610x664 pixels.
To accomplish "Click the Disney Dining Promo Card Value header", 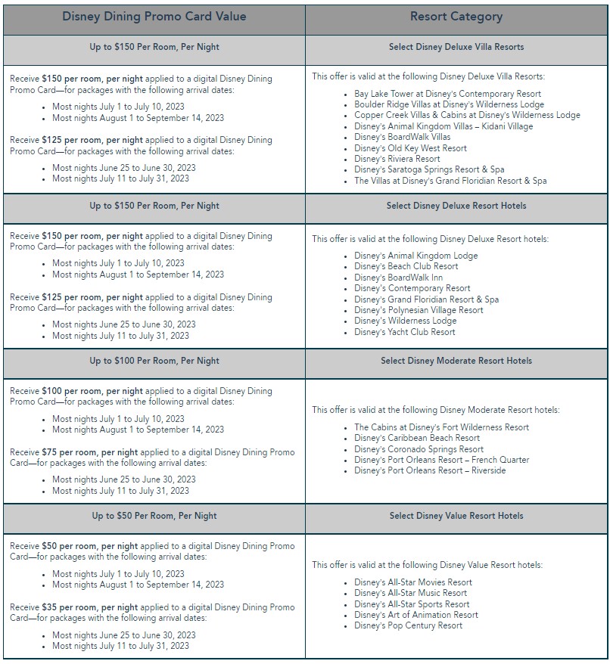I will tap(154, 16).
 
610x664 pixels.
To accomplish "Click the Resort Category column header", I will tap(456, 16).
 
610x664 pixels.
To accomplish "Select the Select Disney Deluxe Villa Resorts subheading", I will tap(456, 47).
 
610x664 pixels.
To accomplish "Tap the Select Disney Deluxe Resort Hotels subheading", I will tap(456, 206).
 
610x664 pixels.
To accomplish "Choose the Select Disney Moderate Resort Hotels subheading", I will tap(456, 361).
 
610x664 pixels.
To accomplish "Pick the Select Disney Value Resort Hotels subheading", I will tap(456, 516).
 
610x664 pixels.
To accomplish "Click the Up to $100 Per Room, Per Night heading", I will tap(154, 361).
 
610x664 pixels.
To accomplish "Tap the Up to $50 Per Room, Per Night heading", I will tap(154, 516).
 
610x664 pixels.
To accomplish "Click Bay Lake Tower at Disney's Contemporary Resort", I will tap(447, 94).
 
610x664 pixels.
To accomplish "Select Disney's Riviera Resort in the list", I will tap(397, 159).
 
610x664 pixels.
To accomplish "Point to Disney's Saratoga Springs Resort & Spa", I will tap(429, 169).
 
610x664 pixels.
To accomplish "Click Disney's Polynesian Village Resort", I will tap(419, 310).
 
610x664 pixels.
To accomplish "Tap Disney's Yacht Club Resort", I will tap(405, 332).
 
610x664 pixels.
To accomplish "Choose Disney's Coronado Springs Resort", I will tap(419, 449).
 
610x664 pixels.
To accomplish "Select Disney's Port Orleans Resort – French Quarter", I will tap(441, 460).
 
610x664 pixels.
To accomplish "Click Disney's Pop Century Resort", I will tap(408, 625).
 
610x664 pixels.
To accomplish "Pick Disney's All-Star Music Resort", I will tap(411, 593).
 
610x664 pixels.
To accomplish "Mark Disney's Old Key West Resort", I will tap(410, 148).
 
